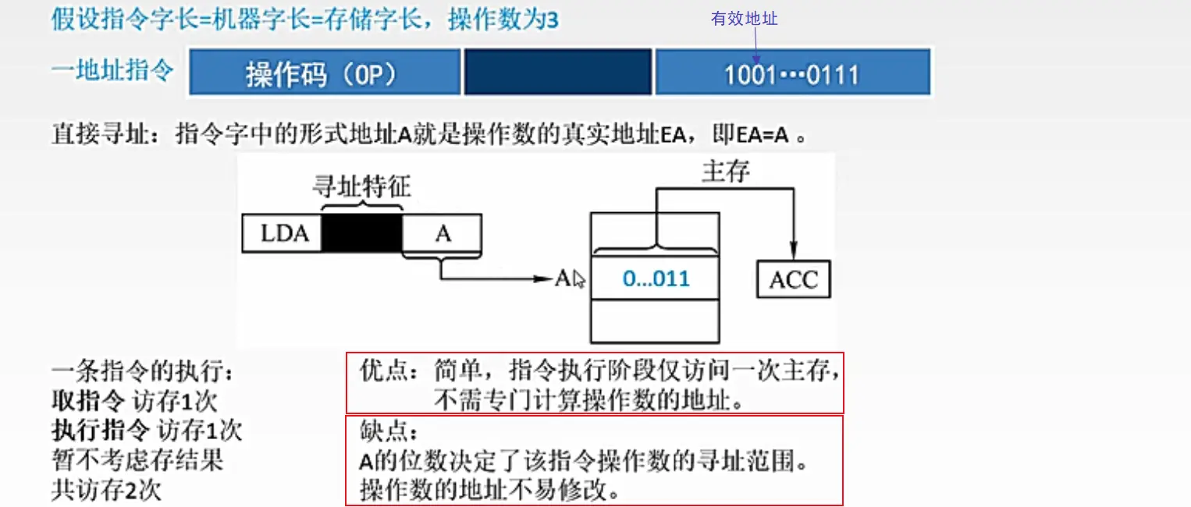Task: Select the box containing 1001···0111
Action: (x=791, y=73)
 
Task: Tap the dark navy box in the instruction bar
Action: (x=557, y=73)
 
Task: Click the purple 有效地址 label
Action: (x=744, y=19)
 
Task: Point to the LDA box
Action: (x=282, y=234)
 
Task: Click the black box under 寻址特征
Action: (x=362, y=234)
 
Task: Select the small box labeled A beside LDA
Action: (x=443, y=234)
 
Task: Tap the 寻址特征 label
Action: (x=361, y=188)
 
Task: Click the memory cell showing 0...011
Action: (x=655, y=278)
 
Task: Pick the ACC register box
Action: (x=793, y=280)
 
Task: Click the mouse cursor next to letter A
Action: (x=578, y=279)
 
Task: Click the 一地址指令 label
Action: (x=112, y=72)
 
